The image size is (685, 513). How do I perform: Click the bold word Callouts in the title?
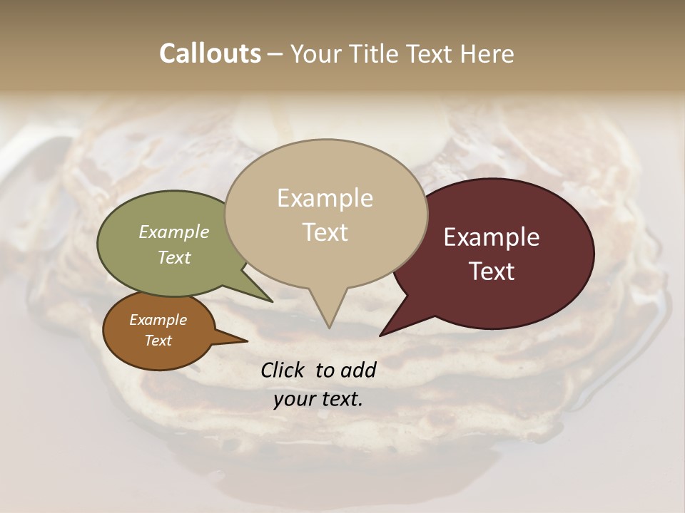pos(210,53)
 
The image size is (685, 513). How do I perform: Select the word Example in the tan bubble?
pos(325,198)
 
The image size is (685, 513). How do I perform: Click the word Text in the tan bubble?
pos(325,232)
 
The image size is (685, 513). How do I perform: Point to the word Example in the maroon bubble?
pos(492,237)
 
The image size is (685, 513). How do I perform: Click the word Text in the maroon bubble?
pos(492,271)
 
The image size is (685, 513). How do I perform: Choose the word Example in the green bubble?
pos(173,232)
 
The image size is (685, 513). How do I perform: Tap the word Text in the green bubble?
pos(173,257)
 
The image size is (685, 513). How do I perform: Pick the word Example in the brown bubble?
pos(158,320)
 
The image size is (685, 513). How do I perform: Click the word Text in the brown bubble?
pos(158,341)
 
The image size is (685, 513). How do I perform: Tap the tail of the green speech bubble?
pos(264,296)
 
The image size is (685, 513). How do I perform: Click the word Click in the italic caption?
pos(283,370)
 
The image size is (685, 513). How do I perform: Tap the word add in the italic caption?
pos(358,370)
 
